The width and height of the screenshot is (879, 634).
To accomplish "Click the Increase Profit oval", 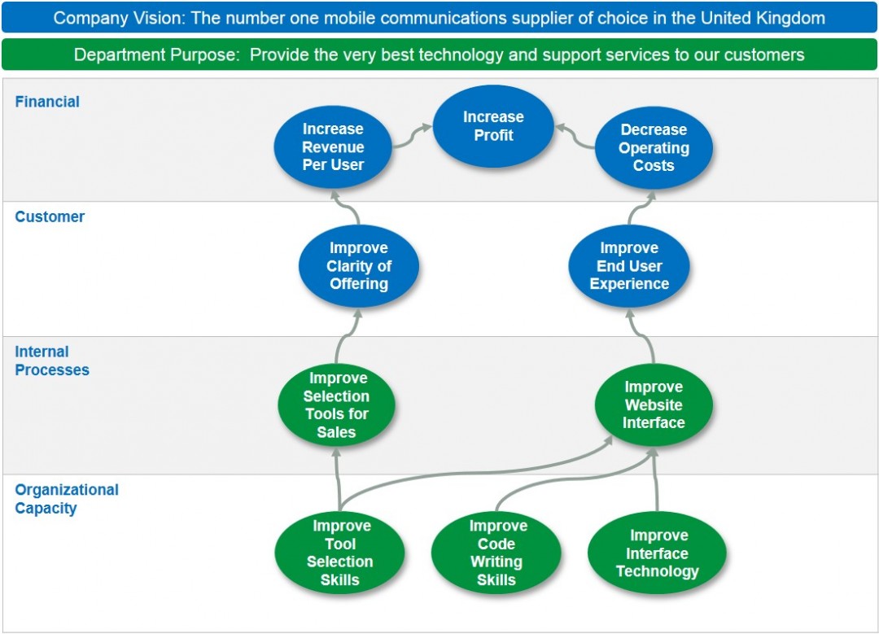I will pyautogui.click(x=493, y=126).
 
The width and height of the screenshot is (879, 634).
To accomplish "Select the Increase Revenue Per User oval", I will pyautogui.click(x=333, y=147).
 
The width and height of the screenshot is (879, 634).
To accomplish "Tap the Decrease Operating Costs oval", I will pyautogui.click(x=654, y=148).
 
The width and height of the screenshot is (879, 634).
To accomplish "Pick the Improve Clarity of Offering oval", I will pyautogui.click(x=358, y=266).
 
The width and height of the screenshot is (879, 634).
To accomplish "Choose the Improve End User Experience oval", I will pyautogui.click(x=629, y=266).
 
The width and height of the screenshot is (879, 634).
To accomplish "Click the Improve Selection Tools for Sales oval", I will pyautogui.click(x=336, y=405).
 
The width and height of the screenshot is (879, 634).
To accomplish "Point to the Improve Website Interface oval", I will pyautogui.click(x=654, y=405).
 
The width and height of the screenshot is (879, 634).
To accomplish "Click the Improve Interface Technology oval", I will pyautogui.click(x=657, y=553).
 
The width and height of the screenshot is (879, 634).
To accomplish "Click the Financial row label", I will pyautogui.click(x=47, y=102).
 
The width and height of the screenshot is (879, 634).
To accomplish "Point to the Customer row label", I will pyautogui.click(x=50, y=216).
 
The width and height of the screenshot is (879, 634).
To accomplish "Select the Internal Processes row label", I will pyautogui.click(x=52, y=361).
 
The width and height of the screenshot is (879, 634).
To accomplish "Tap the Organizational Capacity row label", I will pyautogui.click(x=67, y=499).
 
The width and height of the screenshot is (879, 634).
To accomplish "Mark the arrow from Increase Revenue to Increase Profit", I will pyautogui.click(x=412, y=136).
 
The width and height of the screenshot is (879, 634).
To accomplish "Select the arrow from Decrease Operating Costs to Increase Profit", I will pyautogui.click(x=575, y=137).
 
